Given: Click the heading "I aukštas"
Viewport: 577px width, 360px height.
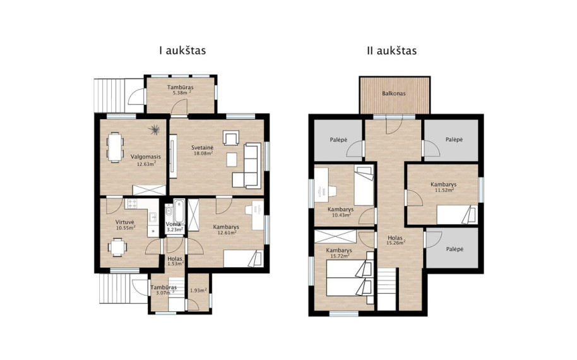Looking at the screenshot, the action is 182,51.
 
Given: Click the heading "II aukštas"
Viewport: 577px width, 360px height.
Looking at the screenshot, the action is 391,51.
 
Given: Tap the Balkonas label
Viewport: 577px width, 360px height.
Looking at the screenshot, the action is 394,93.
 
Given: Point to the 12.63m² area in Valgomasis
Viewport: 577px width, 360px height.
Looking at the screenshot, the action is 146,164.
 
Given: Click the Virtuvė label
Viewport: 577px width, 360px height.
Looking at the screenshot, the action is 125,222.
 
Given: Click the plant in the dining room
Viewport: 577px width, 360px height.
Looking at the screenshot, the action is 155,129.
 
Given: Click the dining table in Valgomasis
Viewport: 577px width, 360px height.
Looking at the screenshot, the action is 115,147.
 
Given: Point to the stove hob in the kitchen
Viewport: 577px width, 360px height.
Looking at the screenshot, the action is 131,204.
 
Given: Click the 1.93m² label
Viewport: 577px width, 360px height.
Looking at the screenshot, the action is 198,291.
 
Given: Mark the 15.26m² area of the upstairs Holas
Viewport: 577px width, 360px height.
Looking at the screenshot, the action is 396,243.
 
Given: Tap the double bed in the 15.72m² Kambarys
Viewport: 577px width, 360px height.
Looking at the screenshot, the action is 350,278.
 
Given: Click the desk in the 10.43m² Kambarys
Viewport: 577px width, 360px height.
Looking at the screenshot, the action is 321,185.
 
